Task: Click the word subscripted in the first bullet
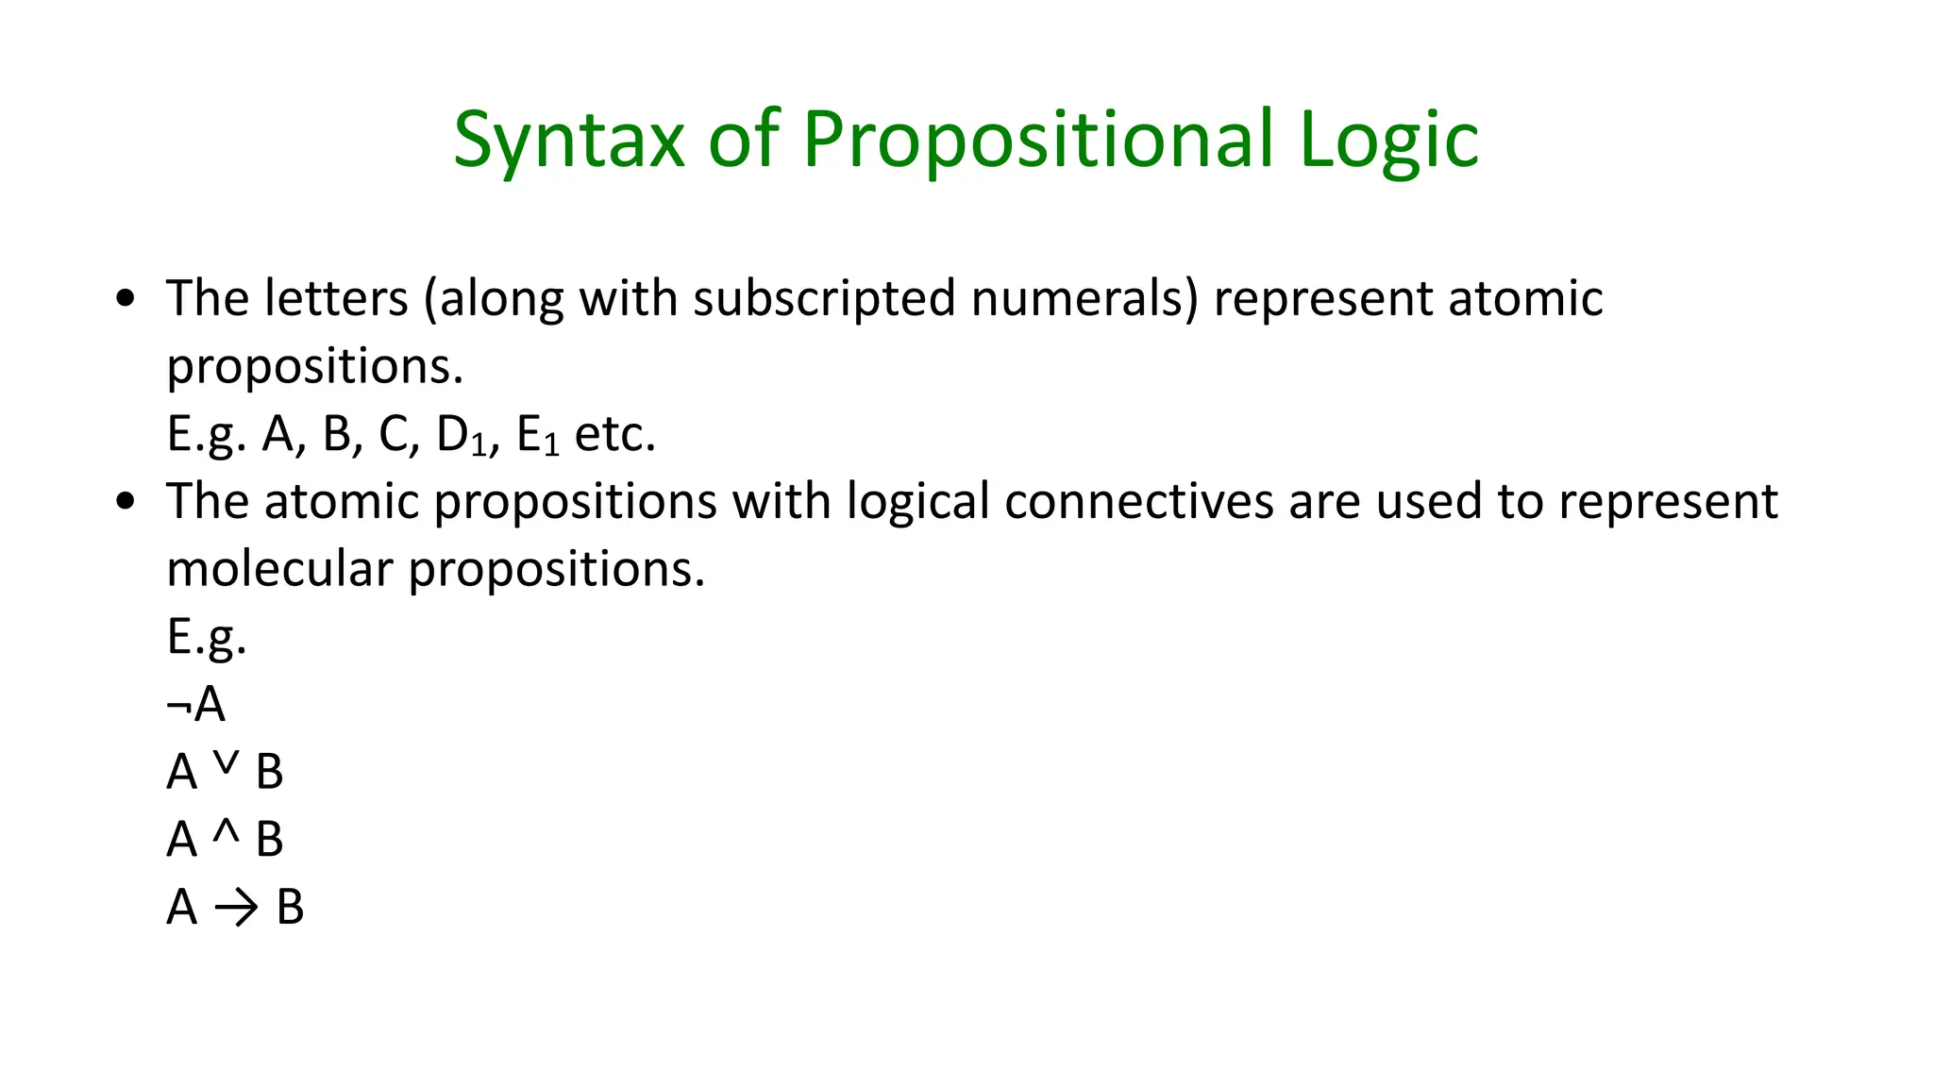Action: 824,299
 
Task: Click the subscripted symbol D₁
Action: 462,436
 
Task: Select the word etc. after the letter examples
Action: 614,436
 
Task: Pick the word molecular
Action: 279,570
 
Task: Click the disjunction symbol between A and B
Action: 226,763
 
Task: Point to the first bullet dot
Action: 125,300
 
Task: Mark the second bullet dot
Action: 125,503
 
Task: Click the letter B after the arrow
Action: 290,908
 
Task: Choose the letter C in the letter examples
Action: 394,435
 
